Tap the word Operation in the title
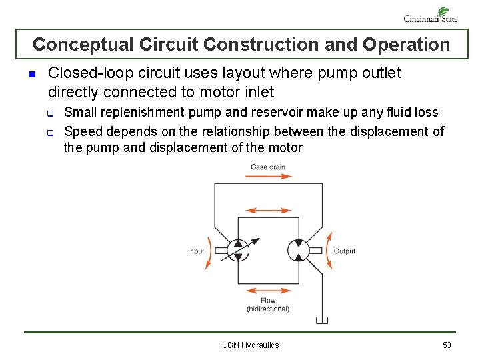click(x=406, y=45)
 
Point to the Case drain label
click(x=268, y=167)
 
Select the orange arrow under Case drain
click(x=268, y=177)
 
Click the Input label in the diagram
click(x=196, y=251)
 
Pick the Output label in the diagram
click(x=345, y=251)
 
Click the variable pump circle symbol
click(x=237, y=251)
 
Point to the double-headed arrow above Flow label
click(x=268, y=291)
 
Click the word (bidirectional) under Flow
click(x=268, y=309)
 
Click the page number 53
click(x=447, y=345)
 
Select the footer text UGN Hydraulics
click(x=250, y=345)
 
